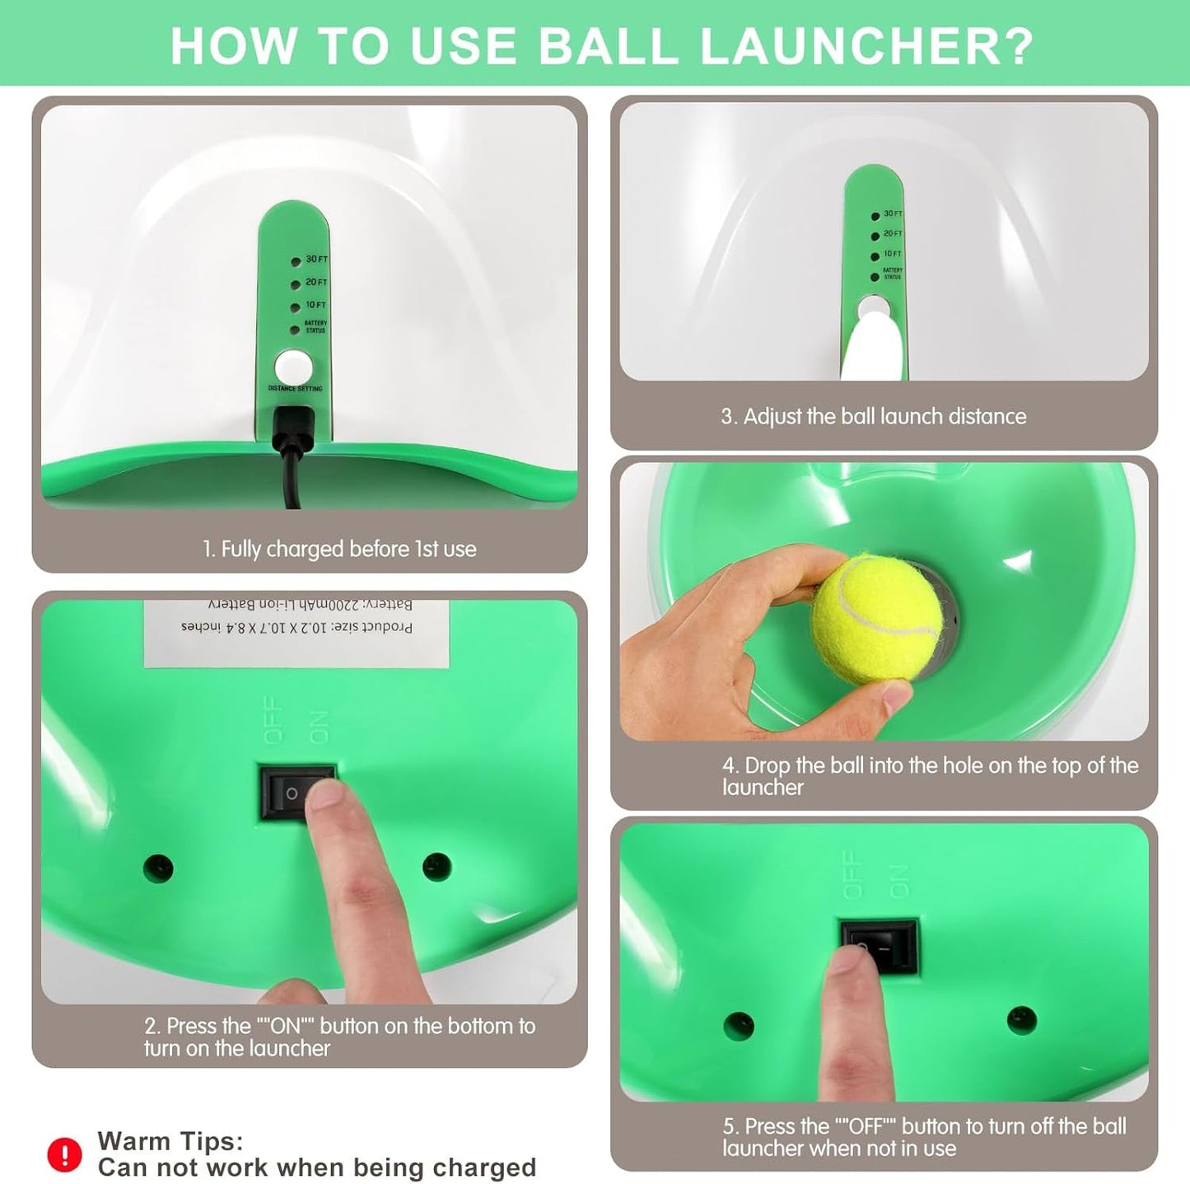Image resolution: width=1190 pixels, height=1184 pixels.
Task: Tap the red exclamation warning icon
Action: [x=64, y=1154]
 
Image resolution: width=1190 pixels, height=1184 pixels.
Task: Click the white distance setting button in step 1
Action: [x=293, y=367]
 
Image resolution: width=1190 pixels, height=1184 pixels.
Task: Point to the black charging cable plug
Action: [x=293, y=431]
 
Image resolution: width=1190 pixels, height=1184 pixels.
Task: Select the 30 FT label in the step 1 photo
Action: [x=316, y=260]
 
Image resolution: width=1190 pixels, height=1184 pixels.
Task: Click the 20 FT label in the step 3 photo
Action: [x=893, y=234]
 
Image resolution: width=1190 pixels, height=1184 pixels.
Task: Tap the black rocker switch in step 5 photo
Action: [x=879, y=945]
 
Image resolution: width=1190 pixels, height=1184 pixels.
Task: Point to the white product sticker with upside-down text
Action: [x=296, y=631]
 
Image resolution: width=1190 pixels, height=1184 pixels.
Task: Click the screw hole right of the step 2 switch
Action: [x=436, y=866]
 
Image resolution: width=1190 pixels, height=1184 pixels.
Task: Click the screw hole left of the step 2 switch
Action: [x=158, y=867]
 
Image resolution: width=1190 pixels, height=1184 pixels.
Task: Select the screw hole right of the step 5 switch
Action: [x=1021, y=1020]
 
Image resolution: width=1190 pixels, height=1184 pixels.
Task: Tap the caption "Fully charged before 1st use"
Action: [x=339, y=550]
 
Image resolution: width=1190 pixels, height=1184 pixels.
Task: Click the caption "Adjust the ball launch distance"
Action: [x=874, y=417]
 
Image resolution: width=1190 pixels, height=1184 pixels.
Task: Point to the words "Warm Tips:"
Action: [x=170, y=1141]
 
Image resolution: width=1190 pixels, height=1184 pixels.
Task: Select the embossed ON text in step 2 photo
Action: [x=317, y=727]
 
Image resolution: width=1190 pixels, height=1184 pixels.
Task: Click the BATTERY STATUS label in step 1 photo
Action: [x=315, y=327]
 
